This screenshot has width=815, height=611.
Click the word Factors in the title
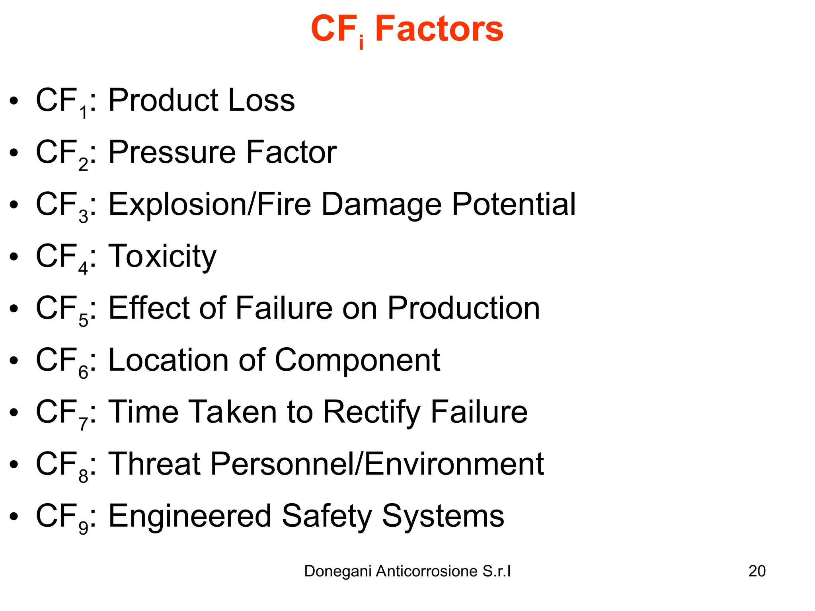439,29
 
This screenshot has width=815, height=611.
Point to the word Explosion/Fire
210,204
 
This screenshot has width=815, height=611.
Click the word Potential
514,204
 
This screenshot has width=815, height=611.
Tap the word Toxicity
162,257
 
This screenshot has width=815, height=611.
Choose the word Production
464,308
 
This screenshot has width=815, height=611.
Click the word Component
357,360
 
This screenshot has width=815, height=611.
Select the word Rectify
371,413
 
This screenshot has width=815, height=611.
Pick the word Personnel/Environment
376,464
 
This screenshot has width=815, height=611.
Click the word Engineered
190,516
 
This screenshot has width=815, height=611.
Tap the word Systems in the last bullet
443,516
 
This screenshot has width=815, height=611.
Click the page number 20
757,571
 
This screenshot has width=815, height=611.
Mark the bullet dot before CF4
14,257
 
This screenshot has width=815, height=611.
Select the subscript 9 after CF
83,528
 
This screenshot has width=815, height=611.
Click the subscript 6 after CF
83,372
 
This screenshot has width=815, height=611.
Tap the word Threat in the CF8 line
154,464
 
